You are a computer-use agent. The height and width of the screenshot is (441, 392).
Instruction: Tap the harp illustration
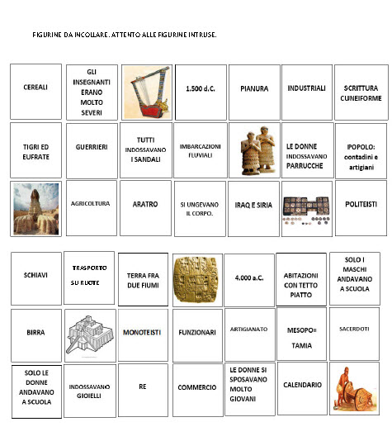pyautogui.click(x=145, y=91)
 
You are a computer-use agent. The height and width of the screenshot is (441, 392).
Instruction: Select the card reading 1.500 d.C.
pyautogui.click(x=200, y=88)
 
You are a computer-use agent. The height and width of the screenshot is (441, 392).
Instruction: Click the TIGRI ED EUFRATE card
pyautogui.click(x=35, y=150)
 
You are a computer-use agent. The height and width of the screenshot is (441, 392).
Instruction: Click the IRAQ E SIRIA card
pyautogui.click(x=252, y=204)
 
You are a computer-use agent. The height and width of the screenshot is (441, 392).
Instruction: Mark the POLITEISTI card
pyautogui.click(x=361, y=203)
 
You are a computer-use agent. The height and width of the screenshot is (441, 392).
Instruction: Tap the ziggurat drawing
pyautogui.click(x=90, y=335)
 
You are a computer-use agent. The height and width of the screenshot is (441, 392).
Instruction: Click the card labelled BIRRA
pyautogui.click(x=35, y=332)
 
